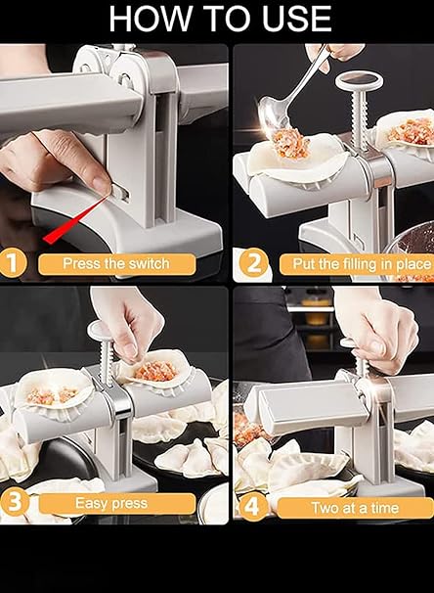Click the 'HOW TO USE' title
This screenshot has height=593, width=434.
(x=218, y=19)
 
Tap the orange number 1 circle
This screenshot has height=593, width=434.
(x=13, y=263)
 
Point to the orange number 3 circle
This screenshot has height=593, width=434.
(x=13, y=504)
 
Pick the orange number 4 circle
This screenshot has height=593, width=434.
(x=252, y=506)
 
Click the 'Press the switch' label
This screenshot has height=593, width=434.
(x=115, y=263)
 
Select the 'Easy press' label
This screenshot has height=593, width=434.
(x=115, y=505)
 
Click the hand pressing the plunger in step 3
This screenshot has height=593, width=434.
(x=127, y=318)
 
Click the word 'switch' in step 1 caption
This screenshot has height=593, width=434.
(x=147, y=263)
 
